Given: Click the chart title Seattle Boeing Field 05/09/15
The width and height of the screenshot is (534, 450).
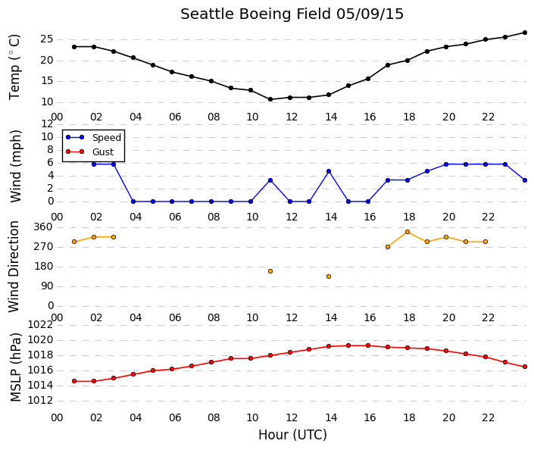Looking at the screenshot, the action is coord(292,14).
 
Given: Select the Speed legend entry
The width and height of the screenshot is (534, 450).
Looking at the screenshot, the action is coord(93,138).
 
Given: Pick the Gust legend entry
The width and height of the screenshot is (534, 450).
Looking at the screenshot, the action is coord(89,152).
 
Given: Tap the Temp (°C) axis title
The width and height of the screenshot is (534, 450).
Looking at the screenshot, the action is coord(14,67).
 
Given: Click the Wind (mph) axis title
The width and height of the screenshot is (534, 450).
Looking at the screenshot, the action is coord(15,166).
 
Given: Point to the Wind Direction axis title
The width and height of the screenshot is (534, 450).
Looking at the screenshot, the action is coord(14,267).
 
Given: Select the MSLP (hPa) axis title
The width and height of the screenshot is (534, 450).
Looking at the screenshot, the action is coord(15,367).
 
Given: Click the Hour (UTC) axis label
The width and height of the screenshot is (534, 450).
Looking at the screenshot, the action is coord(292,435).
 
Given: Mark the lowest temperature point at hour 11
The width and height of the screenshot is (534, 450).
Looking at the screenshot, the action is coord(270,99).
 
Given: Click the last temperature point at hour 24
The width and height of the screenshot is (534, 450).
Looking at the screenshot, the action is coord(525,33).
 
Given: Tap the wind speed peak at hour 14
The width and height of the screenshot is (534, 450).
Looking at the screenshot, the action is coord(329,171).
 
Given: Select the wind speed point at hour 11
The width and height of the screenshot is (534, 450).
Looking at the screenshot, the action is coord(270,180).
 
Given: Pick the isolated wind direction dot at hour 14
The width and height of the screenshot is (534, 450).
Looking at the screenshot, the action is coord(329,277).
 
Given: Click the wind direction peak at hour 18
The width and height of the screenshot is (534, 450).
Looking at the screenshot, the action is coord(408,232).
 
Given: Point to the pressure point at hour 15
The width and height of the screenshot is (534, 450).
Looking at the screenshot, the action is coord(348,345).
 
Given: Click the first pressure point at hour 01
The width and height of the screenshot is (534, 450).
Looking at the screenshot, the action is coord(74,381).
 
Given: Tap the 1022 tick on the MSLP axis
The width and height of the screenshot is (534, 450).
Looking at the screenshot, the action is coord(40,325).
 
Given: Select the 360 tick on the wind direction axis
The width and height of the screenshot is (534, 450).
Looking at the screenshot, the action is coord(43,227).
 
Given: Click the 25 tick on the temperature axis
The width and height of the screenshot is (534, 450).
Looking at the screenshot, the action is coord(47,39).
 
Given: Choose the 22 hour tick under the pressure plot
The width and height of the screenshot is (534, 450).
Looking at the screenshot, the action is coord(488,417).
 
